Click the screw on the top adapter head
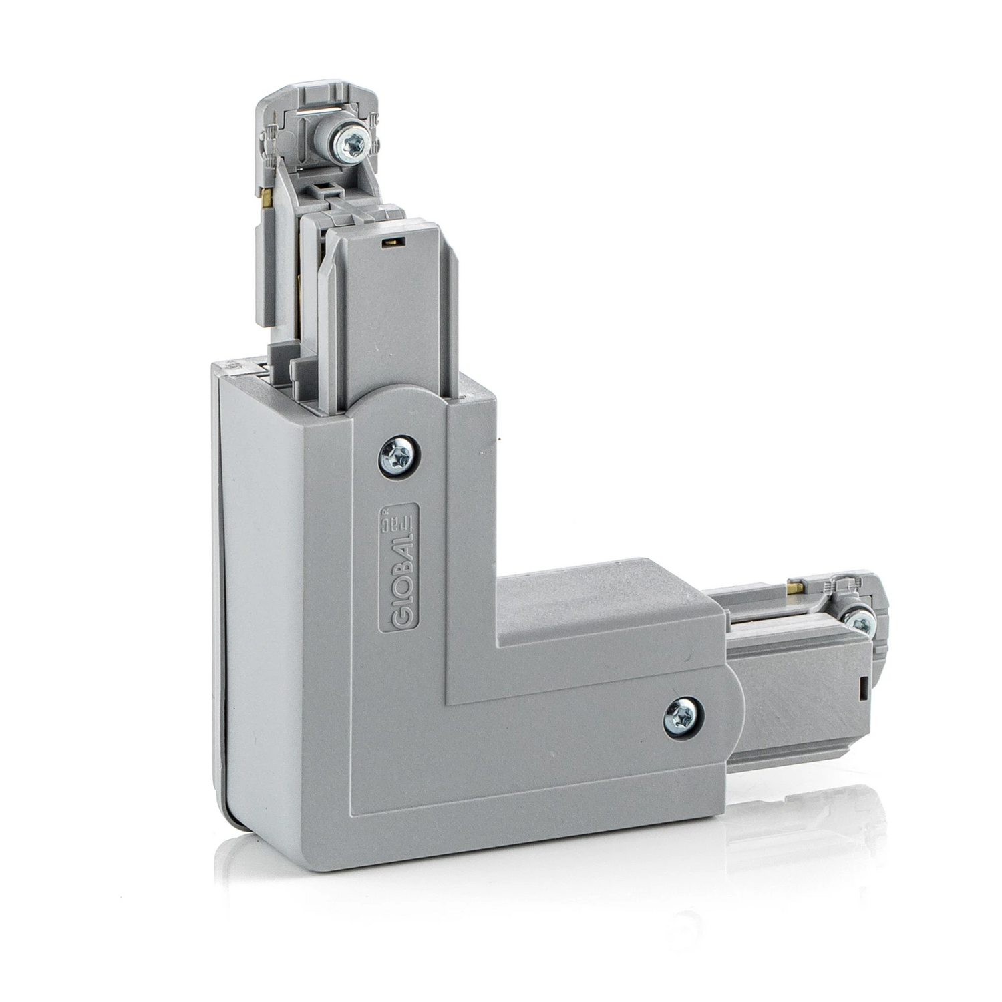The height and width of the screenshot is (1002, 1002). pyautogui.click(x=350, y=142)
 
